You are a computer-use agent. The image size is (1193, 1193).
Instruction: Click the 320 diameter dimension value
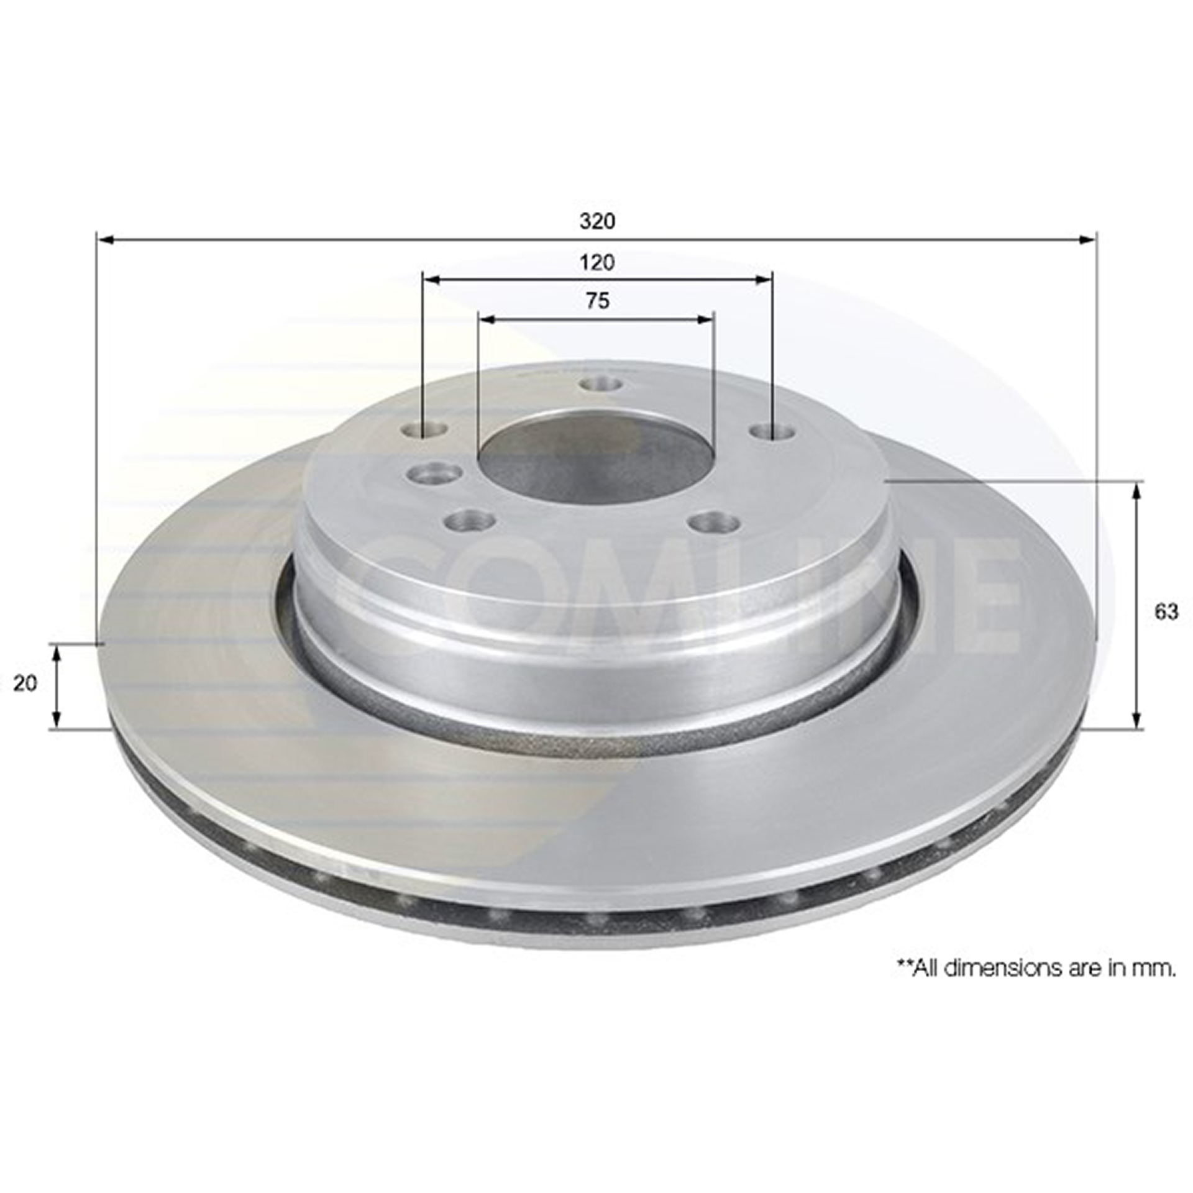click(x=597, y=221)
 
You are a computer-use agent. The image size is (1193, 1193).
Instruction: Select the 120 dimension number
click(x=597, y=262)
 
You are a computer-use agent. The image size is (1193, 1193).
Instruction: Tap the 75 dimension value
click(x=597, y=301)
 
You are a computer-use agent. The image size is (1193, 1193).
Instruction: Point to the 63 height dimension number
click(x=1166, y=612)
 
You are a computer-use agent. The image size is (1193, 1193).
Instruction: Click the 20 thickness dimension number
click(x=25, y=683)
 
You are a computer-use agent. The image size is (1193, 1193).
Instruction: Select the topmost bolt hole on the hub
click(x=600, y=385)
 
